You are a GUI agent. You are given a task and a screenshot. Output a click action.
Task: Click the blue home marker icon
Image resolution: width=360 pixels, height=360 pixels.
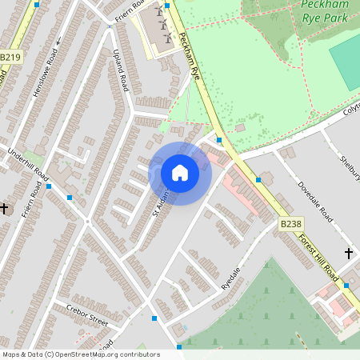click(x=180, y=173)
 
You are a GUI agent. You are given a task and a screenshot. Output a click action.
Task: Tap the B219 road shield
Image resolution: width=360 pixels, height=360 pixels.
click(x=10, y=58)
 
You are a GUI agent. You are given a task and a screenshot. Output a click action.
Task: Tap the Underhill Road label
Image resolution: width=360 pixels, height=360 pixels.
click(x=29, y=164)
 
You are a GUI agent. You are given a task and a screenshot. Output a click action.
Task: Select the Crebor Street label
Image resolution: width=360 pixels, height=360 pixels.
click(x=87, y=318)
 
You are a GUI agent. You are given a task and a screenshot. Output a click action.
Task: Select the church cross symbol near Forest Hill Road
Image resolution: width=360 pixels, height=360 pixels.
click(x=348, y=254)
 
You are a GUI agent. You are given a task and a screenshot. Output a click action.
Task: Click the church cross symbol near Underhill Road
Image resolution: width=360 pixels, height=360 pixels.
click(x=5, y=208)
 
